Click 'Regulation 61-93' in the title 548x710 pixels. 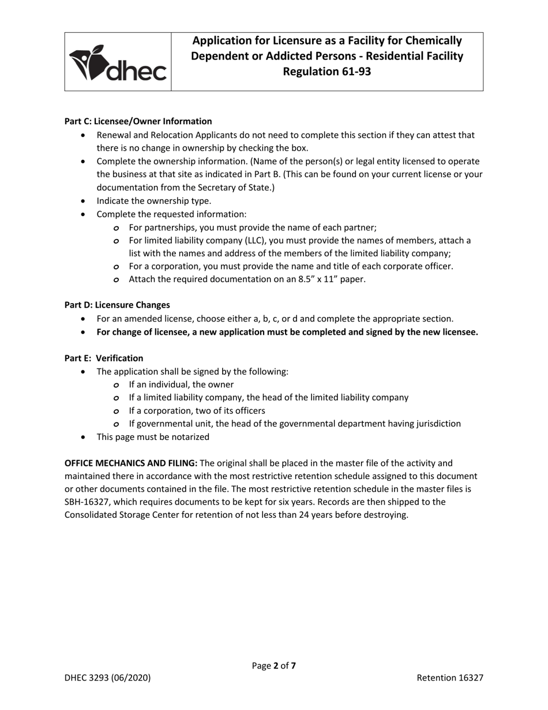click(326, 71)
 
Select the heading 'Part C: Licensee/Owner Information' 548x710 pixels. click(138, 121)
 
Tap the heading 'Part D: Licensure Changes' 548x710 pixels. click(117, 305)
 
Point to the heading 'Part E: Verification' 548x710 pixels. click(104, 358)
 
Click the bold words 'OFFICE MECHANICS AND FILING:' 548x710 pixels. click(131, 463)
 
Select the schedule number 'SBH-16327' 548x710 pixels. click(87, 502)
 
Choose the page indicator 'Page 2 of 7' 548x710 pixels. click(274, 666)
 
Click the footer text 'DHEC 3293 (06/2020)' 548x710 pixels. click(108, 678)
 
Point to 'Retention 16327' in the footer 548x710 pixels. click(450, 678)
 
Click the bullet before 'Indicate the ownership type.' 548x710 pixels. click(85, 201)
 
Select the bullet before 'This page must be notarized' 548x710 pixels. click(85, 437)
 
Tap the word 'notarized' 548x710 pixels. click(189, 437)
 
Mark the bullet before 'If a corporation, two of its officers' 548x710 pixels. click(117, 411)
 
